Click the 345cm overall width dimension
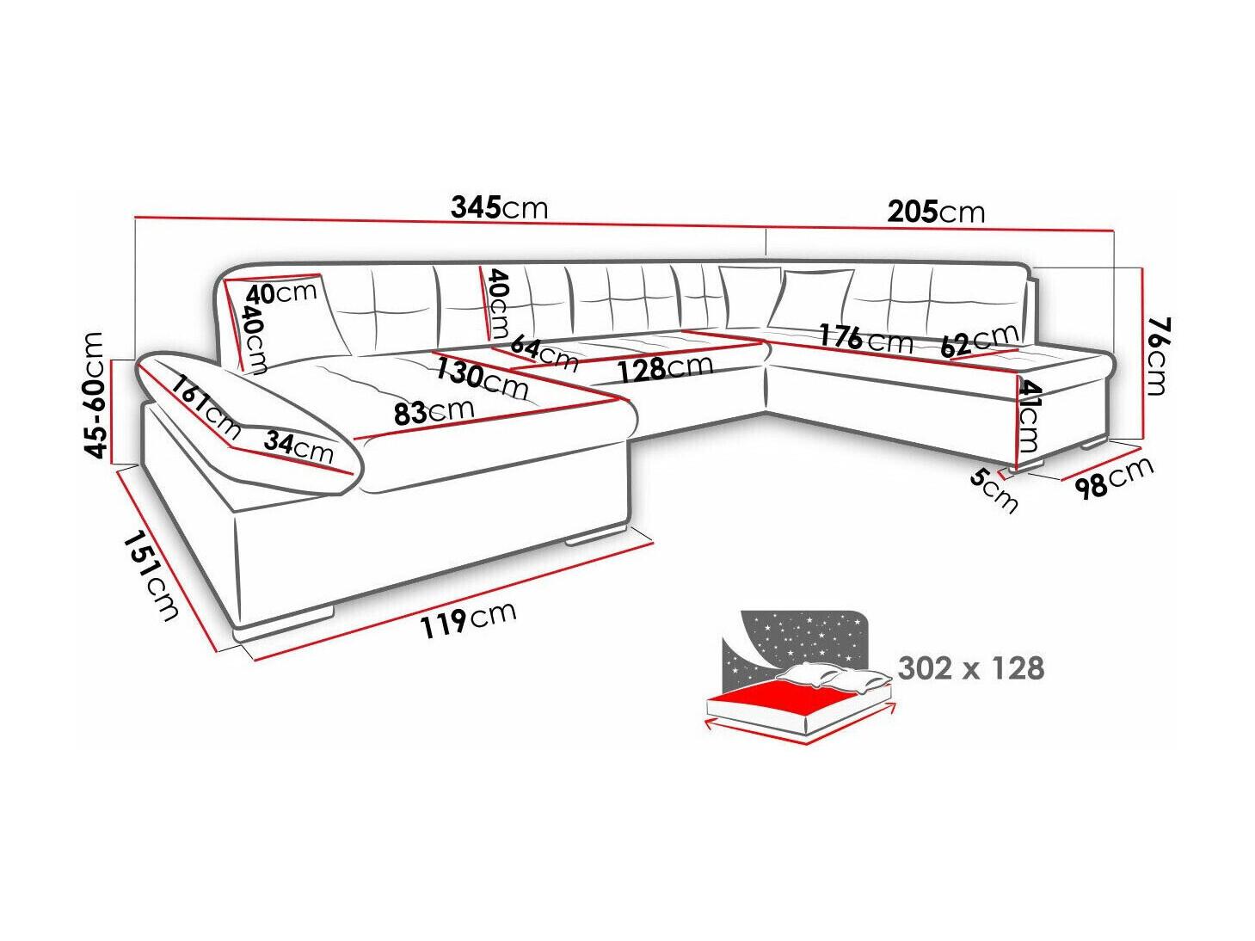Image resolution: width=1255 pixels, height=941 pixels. click(498, 208)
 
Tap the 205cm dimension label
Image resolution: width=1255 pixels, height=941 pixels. click(935, 212)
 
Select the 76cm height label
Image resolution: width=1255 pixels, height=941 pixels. click(1154, 354)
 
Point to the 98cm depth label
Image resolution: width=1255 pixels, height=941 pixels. click(1113, 477)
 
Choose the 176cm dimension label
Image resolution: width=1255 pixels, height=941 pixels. click(864, 338)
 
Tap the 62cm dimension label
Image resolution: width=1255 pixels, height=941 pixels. click(978, 341)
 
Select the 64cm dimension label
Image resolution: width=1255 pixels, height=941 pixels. click(544, 351)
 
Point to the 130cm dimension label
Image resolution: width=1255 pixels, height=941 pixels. click(482, 378)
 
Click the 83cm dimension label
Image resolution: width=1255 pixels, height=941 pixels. click(434, 412)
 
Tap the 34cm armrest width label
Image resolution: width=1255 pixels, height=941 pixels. click(298, 446)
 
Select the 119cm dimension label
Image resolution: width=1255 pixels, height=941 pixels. click(468, 619)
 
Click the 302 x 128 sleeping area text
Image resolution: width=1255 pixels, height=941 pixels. click(970, 667)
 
